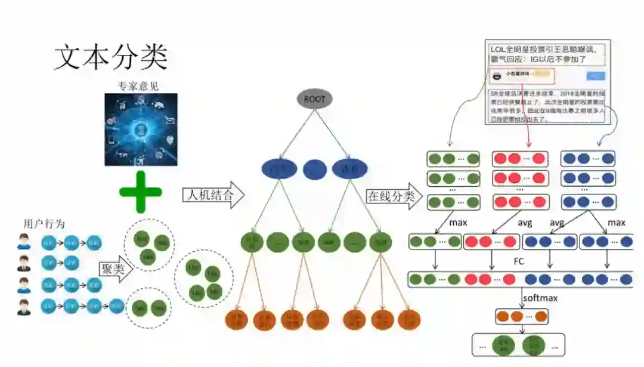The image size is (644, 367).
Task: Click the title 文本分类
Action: click(x=111, y=57)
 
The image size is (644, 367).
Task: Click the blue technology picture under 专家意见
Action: click(x=141, y=129)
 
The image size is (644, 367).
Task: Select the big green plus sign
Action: click(x=141, y=192)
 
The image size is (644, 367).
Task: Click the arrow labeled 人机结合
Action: click(x=213, y=195)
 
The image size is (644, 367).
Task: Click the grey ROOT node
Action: click(x=314, y=98)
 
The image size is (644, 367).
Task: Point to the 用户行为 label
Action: click(x=44, y=224)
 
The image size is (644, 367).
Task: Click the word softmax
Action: click(x=540, y=297)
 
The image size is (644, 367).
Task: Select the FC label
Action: click(x=519, y=261)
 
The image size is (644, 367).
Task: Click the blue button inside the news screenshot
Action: click(x=596, y=76)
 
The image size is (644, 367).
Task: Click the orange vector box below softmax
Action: click(x=521, y=316)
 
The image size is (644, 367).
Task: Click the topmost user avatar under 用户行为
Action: click(x=24, y=242)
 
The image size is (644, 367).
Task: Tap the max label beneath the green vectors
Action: click(x=459, y=223)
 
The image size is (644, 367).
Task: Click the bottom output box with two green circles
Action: click(x=518, y=345)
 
